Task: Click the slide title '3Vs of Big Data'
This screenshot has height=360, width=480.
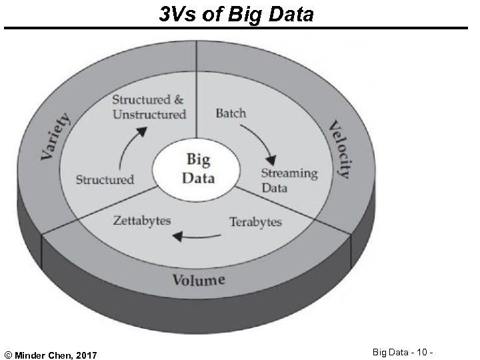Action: coord(236,13)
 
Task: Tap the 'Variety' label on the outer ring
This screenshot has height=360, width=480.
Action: coord(56,136)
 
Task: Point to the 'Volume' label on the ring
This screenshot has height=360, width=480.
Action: coord(199,279)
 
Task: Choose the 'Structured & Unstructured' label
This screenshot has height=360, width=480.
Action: coord(148,107)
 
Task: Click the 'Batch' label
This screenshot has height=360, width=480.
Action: coord(230,113)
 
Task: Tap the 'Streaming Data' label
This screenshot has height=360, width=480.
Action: coord(289,181)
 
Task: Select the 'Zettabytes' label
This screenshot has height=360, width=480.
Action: coord(142,221)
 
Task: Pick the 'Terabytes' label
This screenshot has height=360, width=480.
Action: coord(255,222)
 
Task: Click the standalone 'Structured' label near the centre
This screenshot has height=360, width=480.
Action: coord(105,179)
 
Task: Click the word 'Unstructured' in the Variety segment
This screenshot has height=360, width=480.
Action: coord(149,115)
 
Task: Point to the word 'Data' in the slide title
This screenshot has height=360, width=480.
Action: coord(288,13)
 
